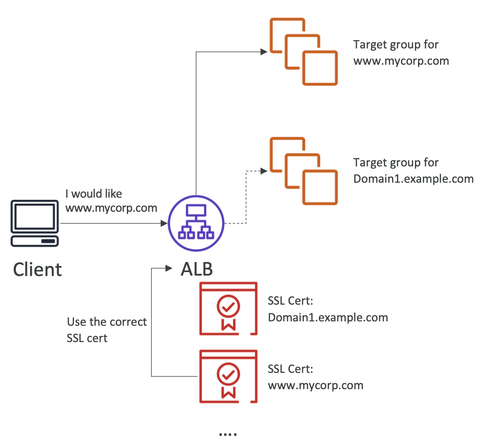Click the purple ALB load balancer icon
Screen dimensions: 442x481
(196, 224)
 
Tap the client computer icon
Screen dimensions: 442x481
(35, 223)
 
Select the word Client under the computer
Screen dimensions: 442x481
(37, 269)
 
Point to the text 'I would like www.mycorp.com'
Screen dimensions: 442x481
(111, 201)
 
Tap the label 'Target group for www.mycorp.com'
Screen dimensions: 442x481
(401, 52)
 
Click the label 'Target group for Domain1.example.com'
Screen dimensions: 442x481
(413, 170)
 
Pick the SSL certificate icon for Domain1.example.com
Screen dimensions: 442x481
(228, 309)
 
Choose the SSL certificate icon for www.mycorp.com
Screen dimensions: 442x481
(228, 376)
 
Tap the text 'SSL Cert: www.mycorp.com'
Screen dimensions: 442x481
(315, 377)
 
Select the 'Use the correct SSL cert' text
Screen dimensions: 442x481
(107, 330)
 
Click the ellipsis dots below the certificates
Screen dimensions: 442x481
(228, 434)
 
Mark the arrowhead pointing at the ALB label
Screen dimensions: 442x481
(168, 268)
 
